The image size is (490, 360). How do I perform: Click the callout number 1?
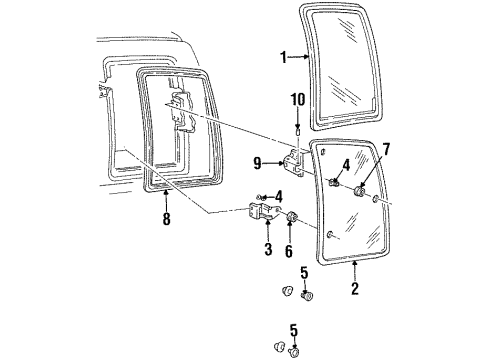[283, 58]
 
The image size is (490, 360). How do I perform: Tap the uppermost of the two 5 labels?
[305, 271]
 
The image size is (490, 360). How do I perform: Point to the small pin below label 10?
[297, 128]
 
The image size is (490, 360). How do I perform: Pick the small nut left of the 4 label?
[261, 198]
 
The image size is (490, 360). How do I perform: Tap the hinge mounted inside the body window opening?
[180, 110]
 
